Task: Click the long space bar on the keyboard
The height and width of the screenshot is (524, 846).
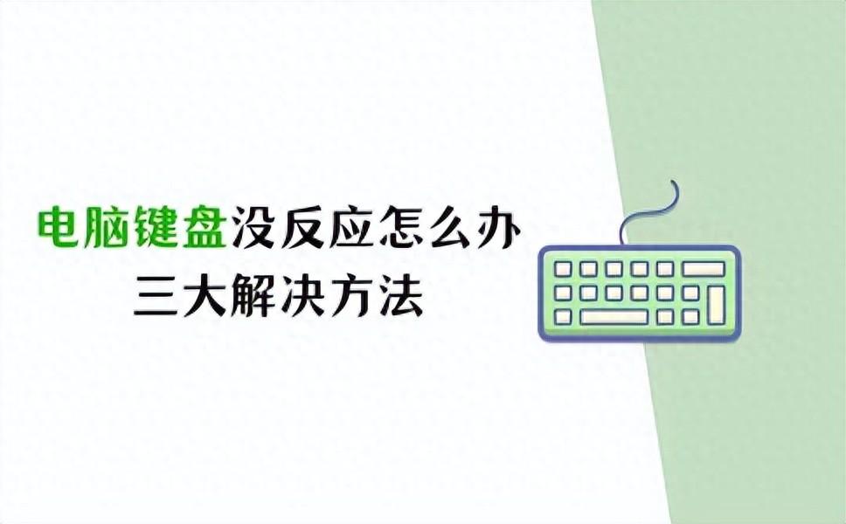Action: [614, 317]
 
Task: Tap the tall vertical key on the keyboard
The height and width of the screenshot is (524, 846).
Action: [717, 305]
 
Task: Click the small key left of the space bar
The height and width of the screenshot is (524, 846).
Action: [564, 317]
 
